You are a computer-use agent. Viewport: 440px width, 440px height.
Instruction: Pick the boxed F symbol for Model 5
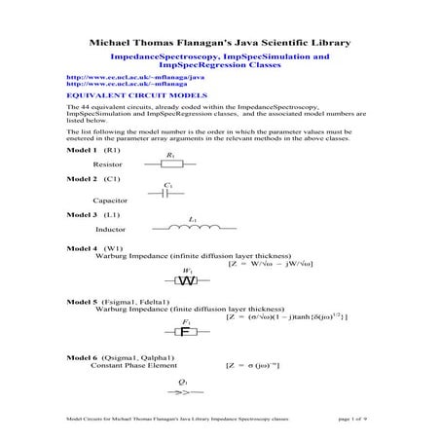coord(185,331)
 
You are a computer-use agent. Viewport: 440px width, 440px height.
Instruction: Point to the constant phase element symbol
coord(183,394)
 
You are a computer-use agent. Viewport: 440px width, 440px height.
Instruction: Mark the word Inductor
coord(111,230)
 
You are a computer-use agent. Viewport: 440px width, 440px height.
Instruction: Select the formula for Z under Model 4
coord(282,263)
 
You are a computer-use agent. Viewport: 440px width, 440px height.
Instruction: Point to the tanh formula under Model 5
coord(286,316)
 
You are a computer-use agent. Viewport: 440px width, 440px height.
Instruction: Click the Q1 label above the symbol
coord(183,382)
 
